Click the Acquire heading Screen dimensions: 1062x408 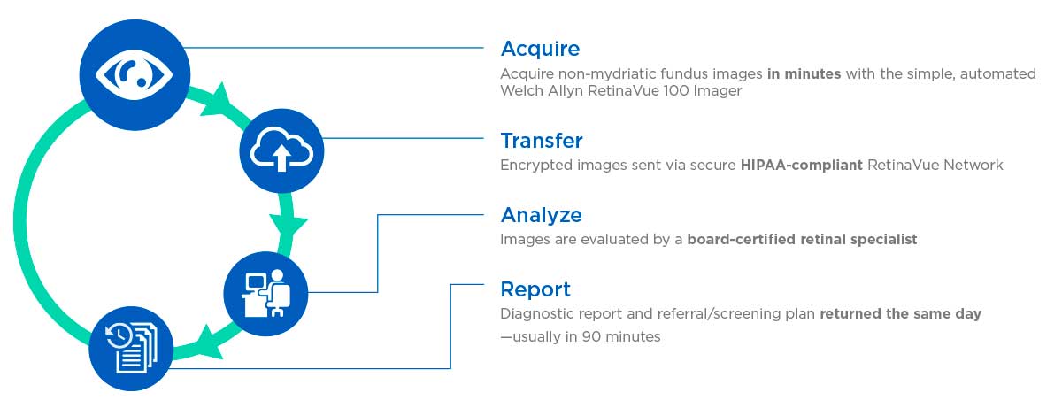click(x=540, y=50)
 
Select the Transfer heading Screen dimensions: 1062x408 click(x=542, y=141)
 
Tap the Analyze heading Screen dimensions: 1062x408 click(x=541, y=216)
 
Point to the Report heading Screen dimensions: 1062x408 click(x=535, y=289)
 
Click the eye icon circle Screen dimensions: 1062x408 click(x=135, y=75)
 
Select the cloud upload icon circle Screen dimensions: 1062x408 click(x=281, y=150)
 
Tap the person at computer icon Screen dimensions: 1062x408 click(x=265, y=294)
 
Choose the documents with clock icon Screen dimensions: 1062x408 click(x=131, y=349)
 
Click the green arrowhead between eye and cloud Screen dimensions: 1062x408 click(x=217, y=102)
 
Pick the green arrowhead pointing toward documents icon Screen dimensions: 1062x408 click(x=209, y=343)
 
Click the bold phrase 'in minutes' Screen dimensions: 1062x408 click(x=804, y=74)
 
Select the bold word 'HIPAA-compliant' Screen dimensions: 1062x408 click(x=801, y=165)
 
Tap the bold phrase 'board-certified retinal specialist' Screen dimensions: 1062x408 click(x=802, y=239)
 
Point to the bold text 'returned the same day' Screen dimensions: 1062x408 click(x=900, y=313)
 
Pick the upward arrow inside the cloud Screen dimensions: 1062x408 click(x=281, y=158)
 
